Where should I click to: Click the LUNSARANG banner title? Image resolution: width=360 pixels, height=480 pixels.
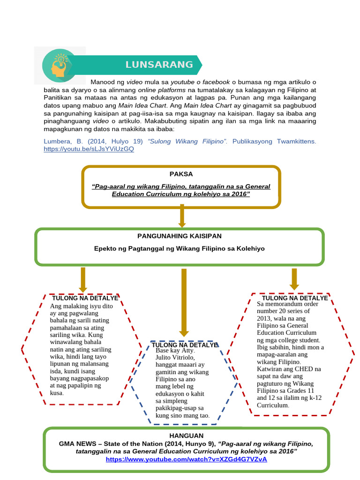(x=159, y=65)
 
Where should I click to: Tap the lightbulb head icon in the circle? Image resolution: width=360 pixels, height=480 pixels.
(x=60, y=66)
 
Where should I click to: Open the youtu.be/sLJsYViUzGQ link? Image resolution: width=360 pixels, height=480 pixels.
(x=89, y=149)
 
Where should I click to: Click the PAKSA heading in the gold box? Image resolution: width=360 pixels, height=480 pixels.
(x=181, y=174)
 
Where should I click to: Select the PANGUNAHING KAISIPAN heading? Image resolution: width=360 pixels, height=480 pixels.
(x=180, y=236)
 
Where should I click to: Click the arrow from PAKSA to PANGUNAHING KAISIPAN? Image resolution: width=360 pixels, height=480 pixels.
(x=182, y=216)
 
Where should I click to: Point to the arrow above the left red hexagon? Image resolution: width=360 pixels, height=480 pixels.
(x=83, y=280)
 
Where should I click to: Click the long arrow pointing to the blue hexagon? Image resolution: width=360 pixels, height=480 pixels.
(x=184, y=303)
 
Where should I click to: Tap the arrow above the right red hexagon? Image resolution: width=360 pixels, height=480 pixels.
(x=294, y=279)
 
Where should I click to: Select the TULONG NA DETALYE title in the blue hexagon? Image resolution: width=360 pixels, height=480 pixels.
(x=185, y=345)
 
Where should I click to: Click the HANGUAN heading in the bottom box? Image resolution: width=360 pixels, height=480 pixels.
(x=187, y=435)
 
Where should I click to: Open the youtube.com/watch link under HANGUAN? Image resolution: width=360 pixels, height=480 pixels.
(x=187, y=459)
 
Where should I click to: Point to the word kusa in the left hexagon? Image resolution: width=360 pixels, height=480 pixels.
(x=57, y=393)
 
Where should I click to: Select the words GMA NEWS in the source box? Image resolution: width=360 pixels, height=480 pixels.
(x=78, y=444)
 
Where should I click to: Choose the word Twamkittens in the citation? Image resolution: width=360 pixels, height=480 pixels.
(x=296, y=142)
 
